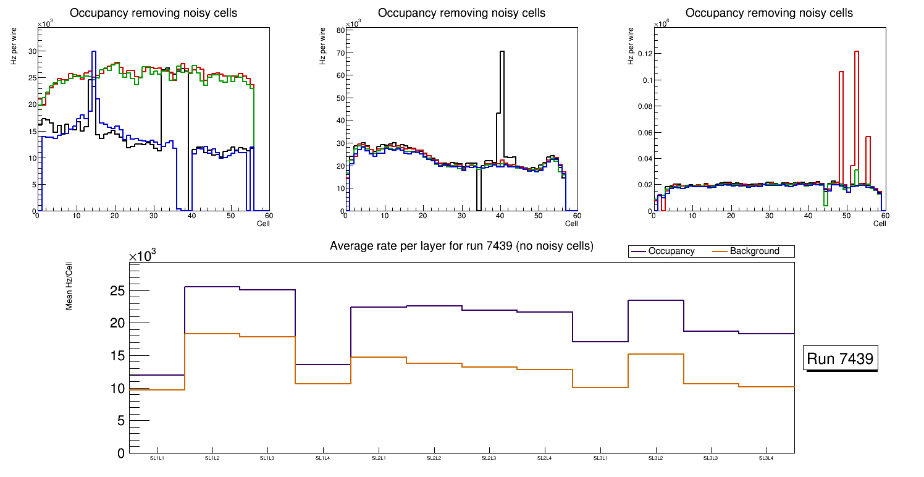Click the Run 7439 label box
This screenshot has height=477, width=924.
841,359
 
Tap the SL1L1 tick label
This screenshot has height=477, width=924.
157,458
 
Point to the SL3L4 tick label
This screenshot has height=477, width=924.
766,458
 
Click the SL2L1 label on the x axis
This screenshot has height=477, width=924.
379,458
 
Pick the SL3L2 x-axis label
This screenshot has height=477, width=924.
655,458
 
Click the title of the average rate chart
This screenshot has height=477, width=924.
461,246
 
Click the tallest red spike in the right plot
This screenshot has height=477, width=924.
857,52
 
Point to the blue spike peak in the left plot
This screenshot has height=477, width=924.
93,52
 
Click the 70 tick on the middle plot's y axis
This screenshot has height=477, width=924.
339,53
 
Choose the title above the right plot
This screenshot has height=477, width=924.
769,13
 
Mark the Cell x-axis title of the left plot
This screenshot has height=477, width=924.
264,224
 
